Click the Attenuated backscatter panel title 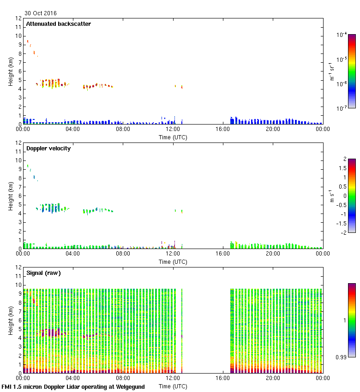58,24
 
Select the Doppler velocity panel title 48,148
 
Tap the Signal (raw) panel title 43,273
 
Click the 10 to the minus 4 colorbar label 342,35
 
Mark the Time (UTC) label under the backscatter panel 173,137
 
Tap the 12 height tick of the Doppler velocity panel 18,143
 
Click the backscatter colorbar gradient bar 352,71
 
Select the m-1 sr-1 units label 331,71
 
